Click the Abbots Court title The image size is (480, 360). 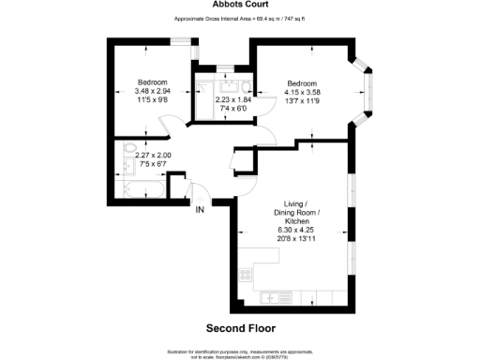239,6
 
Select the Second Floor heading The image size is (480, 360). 239,328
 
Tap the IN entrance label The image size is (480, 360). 200,209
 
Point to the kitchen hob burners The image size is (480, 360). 245,276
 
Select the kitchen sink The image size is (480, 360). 278,297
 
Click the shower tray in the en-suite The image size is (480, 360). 203,84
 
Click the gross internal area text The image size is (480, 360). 239,20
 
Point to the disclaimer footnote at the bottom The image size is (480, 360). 239,352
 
